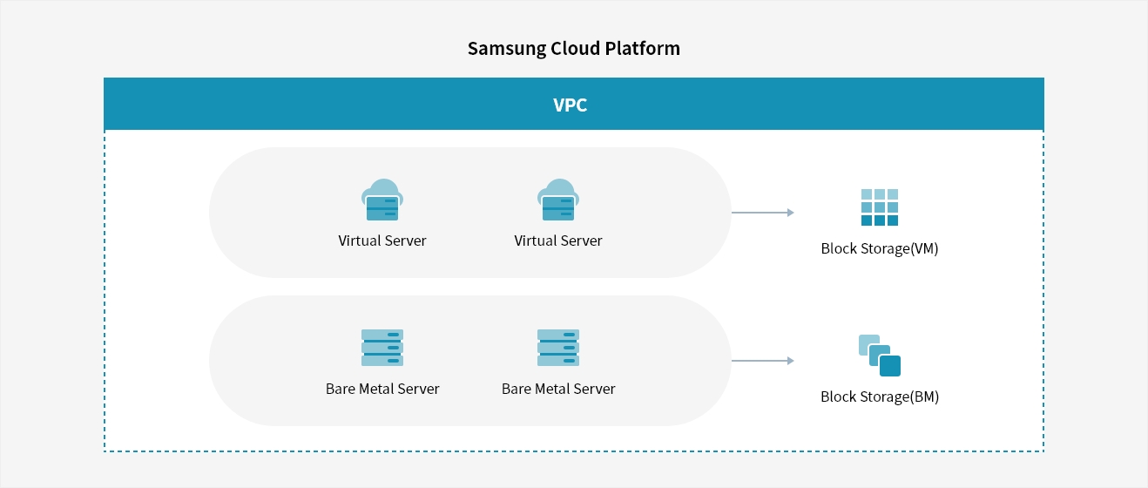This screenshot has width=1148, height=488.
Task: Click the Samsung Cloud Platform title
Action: tap(573, 49)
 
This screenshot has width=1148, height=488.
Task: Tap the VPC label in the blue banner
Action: tap(570, 105)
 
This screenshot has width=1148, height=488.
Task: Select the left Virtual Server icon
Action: tap(382, 200)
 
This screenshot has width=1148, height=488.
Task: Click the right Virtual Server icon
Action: tap(558, 200)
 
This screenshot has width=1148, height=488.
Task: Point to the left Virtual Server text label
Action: tap(382, 241)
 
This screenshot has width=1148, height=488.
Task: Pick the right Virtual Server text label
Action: tap(558, 241)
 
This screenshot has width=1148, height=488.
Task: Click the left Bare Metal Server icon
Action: tap(382, 348)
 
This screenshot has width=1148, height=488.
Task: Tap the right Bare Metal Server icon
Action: tap(558, 348)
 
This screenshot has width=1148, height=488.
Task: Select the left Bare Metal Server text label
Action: tap(382, 389)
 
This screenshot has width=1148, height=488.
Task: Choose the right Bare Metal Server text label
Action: tap(558, 389)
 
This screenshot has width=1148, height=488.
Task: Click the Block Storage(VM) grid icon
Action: tap(880, 207)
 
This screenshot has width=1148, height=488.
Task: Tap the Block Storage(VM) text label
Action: tap(880, 248)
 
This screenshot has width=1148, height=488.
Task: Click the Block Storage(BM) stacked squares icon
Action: tap(880, 356)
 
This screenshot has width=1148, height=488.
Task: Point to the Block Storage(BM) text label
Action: tap(880, 396)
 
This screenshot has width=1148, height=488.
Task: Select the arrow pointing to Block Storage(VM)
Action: tap(763, 213)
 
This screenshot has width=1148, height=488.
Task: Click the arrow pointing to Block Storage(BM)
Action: tap(763, 361)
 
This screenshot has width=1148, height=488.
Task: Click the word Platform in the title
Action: tap(642, 48)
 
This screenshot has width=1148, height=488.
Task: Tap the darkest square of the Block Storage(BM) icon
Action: tap(890, 366)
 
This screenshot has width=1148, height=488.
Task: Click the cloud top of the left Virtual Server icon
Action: tap(382, 187)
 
